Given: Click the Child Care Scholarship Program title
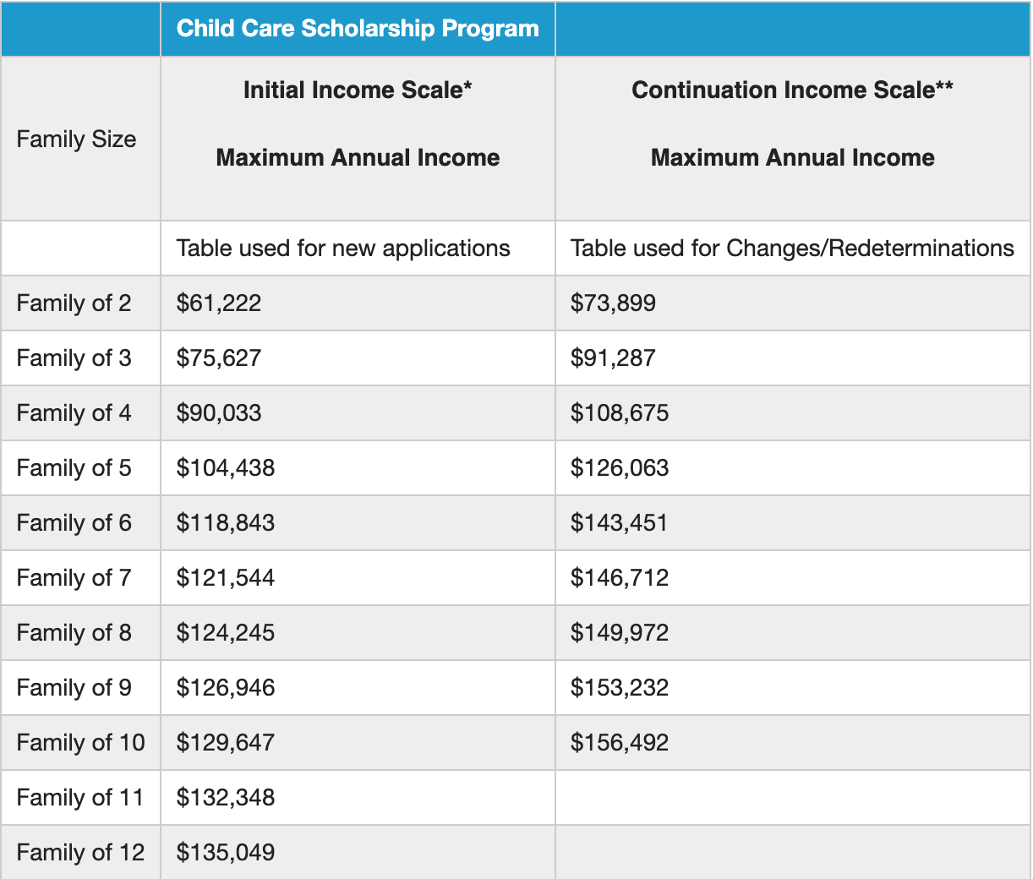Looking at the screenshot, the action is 358,29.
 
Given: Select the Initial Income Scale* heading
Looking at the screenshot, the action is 358,90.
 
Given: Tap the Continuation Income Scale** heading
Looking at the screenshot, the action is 792,90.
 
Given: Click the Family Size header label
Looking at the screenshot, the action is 76,139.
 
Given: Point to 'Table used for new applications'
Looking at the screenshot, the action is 343,248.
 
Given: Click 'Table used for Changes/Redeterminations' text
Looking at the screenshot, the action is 792,248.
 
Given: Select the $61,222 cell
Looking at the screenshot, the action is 218,303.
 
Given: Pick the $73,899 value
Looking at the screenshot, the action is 613,303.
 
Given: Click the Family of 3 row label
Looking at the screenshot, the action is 74,358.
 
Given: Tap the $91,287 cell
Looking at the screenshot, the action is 613,358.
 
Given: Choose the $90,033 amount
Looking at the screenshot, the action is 218,412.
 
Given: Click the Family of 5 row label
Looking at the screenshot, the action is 74,467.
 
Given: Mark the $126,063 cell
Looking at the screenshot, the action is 619,467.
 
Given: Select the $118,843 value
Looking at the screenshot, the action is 226,522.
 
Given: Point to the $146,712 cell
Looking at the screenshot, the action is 619,577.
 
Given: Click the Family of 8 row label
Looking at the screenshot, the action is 74,633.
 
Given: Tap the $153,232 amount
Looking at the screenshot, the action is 619,688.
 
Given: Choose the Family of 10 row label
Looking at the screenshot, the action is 80,742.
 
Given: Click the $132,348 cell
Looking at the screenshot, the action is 226,797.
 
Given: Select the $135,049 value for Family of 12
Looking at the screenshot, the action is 226,852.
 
